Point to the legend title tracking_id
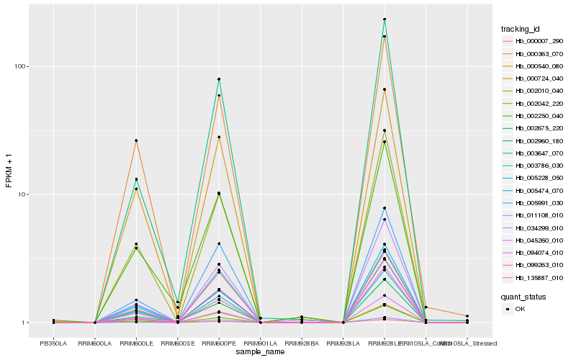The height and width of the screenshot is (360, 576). coord(521,29)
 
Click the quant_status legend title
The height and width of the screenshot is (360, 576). coord(523,296)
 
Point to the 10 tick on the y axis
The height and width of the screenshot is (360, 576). coord(21,194)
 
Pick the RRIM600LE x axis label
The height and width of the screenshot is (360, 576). coord(136,343)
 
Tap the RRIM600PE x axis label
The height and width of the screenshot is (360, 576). coord(219,343)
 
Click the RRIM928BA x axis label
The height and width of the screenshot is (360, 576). coord(302,343)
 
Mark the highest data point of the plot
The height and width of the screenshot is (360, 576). coord(384,19)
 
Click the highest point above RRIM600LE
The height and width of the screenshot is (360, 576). coord(136,140)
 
